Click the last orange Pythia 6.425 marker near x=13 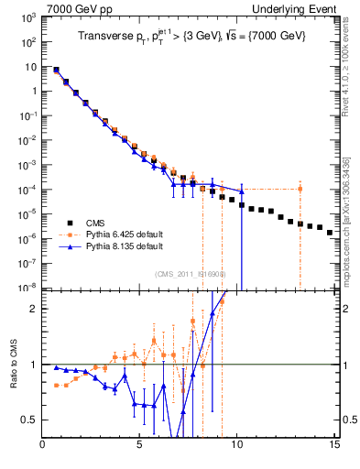pyautogui.click(x=300, y=189)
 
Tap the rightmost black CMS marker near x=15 pyautogui.click(x=330, y=233)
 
